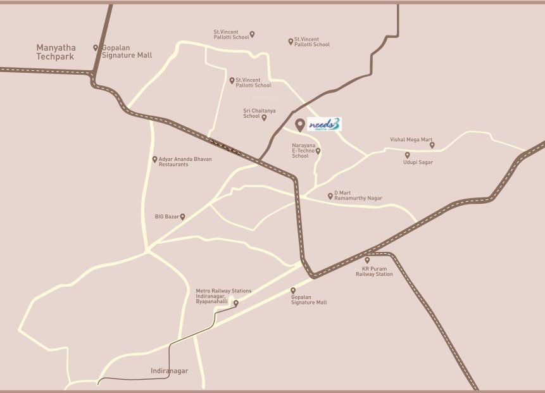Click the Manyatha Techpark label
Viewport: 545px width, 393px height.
tap(55, 52)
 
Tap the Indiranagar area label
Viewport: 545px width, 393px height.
tap(170, 371)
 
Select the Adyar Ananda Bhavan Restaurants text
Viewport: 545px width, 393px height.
tap(185, 161)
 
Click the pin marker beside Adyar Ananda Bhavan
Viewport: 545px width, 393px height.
tap(154, 159)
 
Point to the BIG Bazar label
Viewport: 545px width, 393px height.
tap(167, 216)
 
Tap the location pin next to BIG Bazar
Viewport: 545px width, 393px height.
tap(183, 216)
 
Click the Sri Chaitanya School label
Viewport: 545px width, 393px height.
tap(252, 113)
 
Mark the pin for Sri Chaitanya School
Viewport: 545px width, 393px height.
tap(264, 117)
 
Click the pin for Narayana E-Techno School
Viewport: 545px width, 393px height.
tap(318, 151)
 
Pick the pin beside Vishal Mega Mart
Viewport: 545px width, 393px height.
tap(432, 144)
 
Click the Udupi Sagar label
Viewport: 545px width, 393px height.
tap(417, 163)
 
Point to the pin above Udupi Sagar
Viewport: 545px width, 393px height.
tap(407, 154)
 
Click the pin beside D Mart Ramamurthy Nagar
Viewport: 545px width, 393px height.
tap(330, 196)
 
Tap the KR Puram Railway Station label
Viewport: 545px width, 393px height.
tap(373, 271)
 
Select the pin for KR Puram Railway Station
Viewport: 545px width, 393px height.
tap(367, 259)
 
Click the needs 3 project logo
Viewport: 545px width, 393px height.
tap(323, 125)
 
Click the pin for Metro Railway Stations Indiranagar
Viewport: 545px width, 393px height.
tap(236, 303)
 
